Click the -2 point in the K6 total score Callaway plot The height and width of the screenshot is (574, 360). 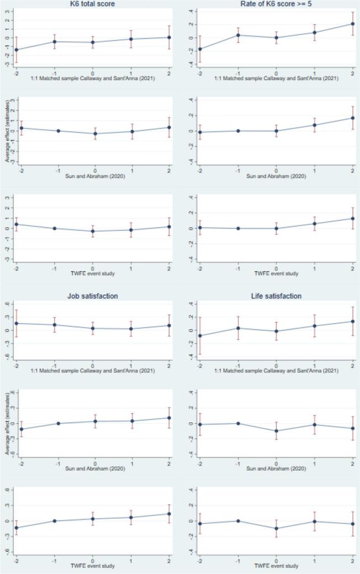click(17, 50)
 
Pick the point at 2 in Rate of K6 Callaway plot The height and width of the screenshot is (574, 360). click(353, 24)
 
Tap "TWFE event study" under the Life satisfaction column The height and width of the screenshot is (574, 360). click(276, 566)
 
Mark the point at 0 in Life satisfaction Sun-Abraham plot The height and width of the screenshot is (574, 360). click(276, 431)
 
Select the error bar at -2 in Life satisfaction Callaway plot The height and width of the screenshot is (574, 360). click(199, 335)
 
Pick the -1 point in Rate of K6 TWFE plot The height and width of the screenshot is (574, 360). click(238, 228)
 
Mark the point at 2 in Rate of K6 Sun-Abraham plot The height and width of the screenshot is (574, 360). click(353, 118)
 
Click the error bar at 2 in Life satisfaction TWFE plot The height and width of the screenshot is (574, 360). click(353, 524)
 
